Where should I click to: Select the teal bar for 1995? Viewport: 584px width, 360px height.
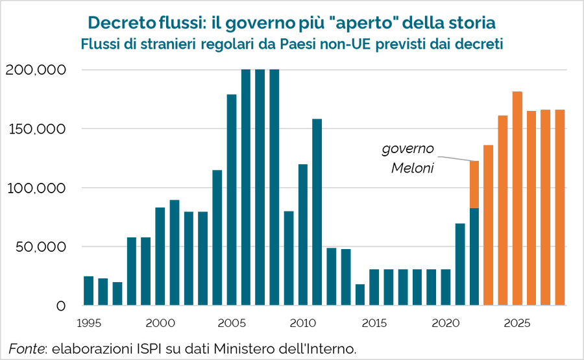pos(89,291)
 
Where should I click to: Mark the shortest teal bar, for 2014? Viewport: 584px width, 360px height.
pos(359,294)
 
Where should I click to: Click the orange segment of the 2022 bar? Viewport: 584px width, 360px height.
pos(474,184)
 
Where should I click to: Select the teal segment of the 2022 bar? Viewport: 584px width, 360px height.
pos(474,256)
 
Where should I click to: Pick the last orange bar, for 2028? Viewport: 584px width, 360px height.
pos(559,208)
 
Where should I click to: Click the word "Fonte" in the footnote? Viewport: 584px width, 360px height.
pos(24,348)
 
